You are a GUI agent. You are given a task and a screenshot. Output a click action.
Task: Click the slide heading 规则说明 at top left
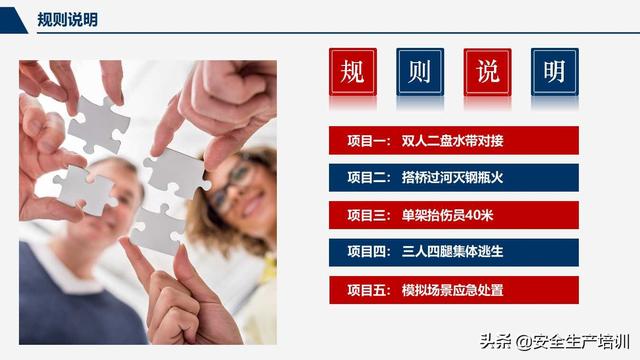pos(67,19)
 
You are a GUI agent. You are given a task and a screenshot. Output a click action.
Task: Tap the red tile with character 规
pos(353,72)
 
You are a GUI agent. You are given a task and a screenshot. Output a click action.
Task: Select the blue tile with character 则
pos(420,72)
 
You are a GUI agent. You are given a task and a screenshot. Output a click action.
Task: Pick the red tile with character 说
pos(487,72)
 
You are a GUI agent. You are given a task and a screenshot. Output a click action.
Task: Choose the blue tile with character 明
pos(554,72)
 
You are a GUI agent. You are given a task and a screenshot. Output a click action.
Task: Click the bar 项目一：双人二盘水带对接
pos(453,140)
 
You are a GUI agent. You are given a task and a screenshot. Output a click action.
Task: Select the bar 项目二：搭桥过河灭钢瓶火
pos(453,178)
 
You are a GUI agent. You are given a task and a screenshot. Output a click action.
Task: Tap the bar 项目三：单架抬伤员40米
pos(453,215)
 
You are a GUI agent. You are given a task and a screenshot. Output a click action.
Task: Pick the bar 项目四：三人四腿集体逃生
pos(453,252)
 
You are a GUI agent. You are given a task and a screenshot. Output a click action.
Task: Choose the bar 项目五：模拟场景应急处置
pos(453,290)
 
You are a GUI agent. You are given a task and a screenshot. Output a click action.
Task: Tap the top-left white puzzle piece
pos(98,124)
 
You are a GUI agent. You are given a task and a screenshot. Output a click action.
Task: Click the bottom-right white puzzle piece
pos(156,229)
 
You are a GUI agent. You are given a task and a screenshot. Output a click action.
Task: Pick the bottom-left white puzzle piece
pos(86,189)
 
